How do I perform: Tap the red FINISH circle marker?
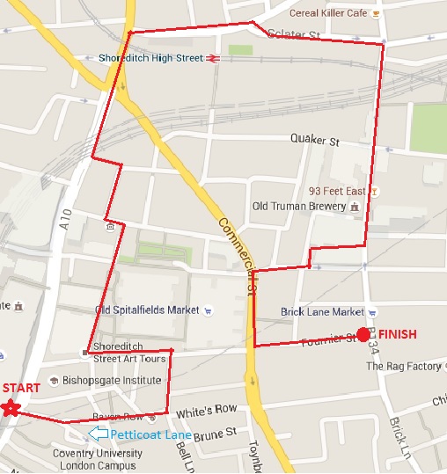[x=363, y=334]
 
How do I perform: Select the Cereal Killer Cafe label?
[x=330, y=14]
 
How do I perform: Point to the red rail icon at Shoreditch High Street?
[x=213, y=59]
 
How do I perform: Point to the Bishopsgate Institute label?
[x=111, y=381]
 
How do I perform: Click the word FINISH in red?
[x=397, y=334]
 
